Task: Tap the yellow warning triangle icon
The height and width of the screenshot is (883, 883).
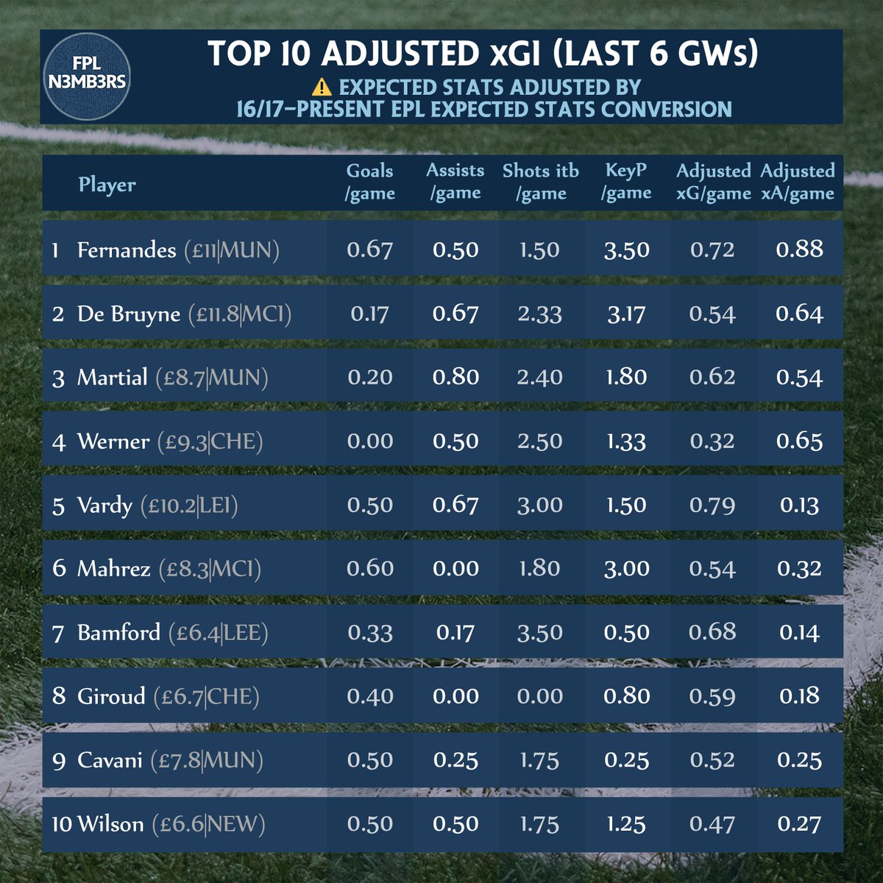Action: pos(322,88)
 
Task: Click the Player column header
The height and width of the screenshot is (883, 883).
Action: pos(107,184)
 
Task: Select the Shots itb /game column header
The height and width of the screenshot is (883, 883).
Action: pos(540,182)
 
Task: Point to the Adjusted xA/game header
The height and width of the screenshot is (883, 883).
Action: pos(797,182)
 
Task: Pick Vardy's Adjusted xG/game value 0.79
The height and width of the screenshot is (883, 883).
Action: pos(712,506)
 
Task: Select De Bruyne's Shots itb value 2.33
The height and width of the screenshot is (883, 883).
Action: pos(539,314)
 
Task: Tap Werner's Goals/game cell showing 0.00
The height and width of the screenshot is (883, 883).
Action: pos(369,441)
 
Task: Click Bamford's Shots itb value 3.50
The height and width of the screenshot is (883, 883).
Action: pos(539,633)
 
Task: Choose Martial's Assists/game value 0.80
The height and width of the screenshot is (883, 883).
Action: pos(455,377)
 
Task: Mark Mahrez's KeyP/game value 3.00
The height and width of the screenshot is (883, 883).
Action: pos(626,569)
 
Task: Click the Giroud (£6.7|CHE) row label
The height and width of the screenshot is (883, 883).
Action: pos(168,696)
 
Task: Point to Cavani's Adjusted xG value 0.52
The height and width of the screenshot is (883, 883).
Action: pos(712,760)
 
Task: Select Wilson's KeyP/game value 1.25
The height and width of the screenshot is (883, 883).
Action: pos(626,824)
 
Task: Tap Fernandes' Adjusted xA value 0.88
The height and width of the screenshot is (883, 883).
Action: pos(799,249)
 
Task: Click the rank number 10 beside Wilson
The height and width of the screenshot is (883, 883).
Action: pos(62,824)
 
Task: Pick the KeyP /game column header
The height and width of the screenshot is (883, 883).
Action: pos(626,182)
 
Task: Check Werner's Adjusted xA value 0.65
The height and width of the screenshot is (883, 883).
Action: pos(799,441)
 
